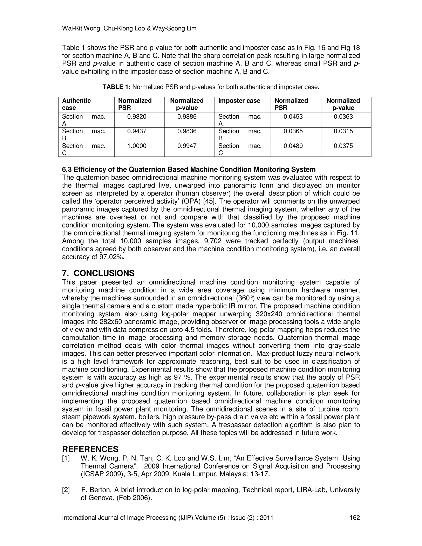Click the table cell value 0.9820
pos(137,116)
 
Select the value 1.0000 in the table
pos(137,146)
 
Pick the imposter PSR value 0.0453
pos(293,116)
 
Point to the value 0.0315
pos(343,131)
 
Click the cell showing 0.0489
pos(293,146)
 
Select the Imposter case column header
pos(239,101)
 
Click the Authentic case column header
pos(76,104)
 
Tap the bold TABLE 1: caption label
pos(116,87)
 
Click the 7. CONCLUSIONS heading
pos(98,273)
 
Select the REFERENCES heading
pos(90,449)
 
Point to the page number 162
pos(354,518)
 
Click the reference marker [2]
pos(66,490)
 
